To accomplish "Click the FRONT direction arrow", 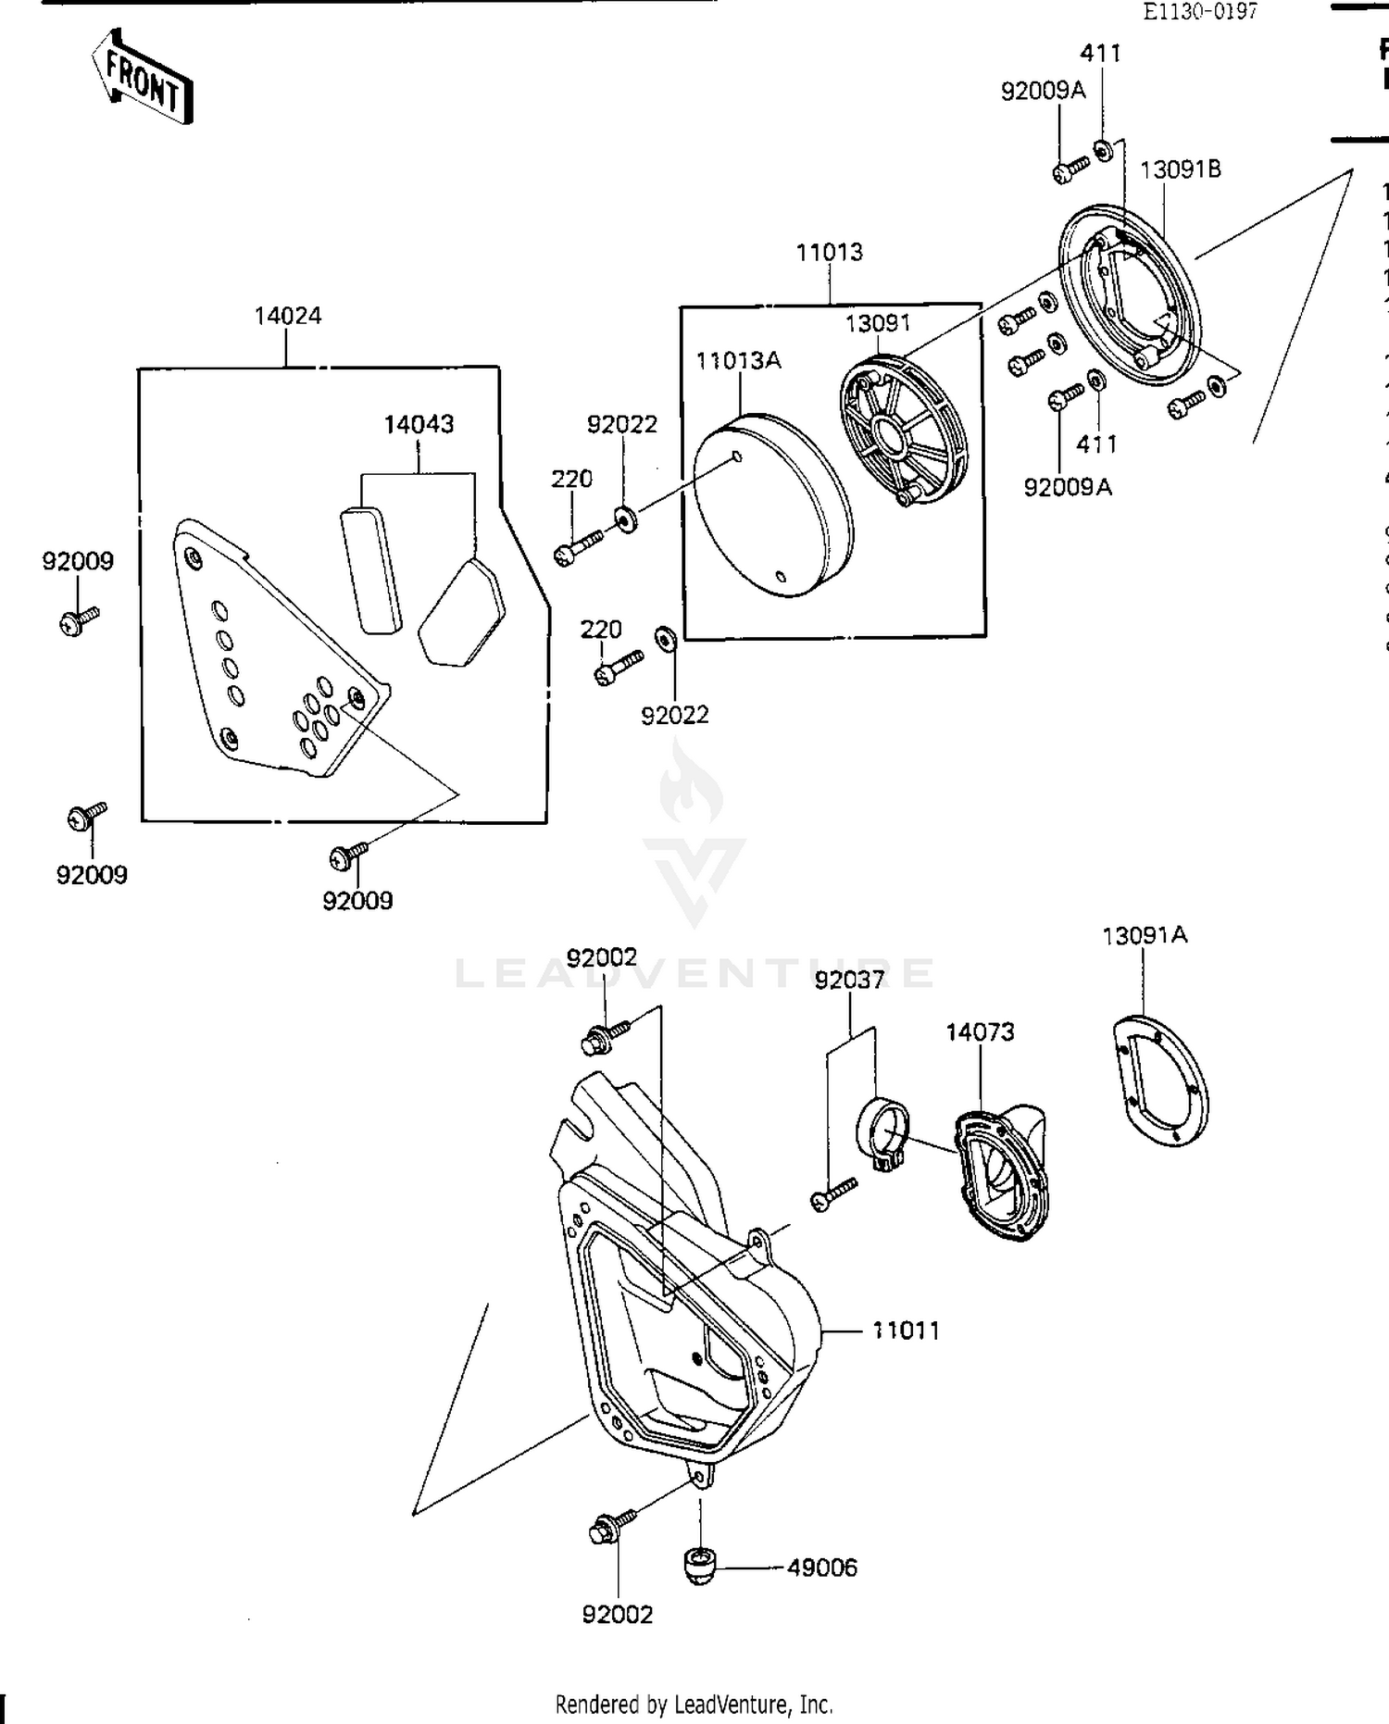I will (x=144, y=80).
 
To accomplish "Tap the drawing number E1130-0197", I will (x=1199, y=11).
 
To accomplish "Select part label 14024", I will (x=288, y=316).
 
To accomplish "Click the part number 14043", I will (x=419, y=424).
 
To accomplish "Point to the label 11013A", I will (x=738, y=360).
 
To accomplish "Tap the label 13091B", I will (x=1179, y=169).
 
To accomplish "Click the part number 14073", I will (x=980, y=1031).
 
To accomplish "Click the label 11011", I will (x=905, y=1330).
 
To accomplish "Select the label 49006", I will (x=821, y=1568).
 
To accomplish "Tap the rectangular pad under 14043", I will (x=371, y=568).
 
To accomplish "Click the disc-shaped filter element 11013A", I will (x=773, y=505).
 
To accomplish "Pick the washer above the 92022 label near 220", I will (x=626, y=520).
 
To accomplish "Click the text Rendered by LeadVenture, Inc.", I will (x=694, y=1704).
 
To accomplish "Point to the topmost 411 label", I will (x=1101, y=53).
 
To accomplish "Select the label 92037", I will (x=849, y=980).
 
